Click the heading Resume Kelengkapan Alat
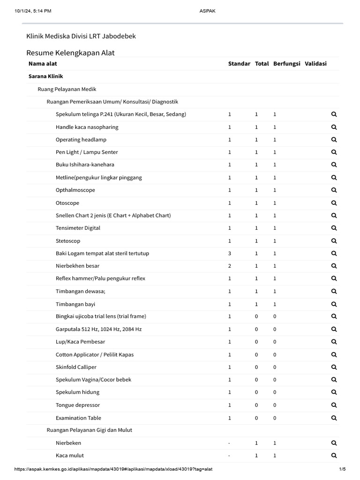pos(70,52)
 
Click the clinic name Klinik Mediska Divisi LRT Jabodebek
pos(81,36)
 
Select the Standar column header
pos(239,64)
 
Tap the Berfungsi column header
pos(287,64)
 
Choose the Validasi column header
pos(315,64)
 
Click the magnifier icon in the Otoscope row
pos(334,203)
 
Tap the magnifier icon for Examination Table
pos(334,418)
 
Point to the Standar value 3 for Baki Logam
pos(230,254)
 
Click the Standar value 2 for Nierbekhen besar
pos(230,266)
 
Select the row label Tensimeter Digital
pos(78,228)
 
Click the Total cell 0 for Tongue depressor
pos(256,405)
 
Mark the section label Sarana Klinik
pos(45,76)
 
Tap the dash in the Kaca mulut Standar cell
pos(229,456)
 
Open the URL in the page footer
pos(116,469)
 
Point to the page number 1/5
pos(342,469)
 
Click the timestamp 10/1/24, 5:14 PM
pos(33,11)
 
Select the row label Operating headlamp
pos(81,140)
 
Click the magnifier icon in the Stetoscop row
pos(334,241)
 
